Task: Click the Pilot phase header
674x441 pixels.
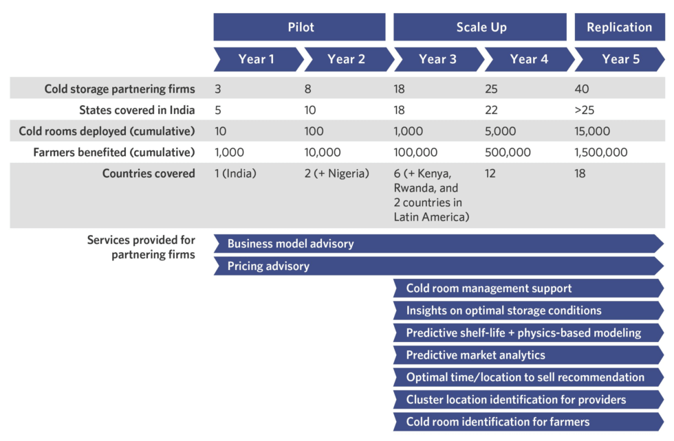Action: (299, 27)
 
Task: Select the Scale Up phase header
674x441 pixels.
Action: (480, 27)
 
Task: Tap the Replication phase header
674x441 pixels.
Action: (620, 27)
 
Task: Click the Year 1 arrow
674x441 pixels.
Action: (258, 59)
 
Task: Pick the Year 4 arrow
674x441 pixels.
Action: (529, 59)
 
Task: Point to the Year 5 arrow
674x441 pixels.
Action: (620, 59)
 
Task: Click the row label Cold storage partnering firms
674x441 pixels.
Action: (120, 89)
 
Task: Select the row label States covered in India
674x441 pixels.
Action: (137, 110)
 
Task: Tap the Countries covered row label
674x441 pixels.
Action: (149, 174)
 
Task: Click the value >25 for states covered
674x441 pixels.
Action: (585, 110)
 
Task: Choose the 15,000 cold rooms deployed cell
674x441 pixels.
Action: (592, 131)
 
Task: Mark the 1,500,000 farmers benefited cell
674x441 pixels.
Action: (601, 152)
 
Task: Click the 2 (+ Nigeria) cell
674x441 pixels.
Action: (336, 174)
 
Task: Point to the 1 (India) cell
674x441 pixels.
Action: (235, 174)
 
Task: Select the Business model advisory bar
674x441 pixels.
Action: (439, 243)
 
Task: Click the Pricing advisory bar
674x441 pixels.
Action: (439, 266)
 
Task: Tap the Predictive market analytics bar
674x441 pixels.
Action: (529, 355)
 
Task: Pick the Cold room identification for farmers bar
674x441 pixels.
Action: (529, 422)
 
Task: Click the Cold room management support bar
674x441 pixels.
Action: (529, 288)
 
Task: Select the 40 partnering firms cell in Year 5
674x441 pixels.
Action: (582, 89)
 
